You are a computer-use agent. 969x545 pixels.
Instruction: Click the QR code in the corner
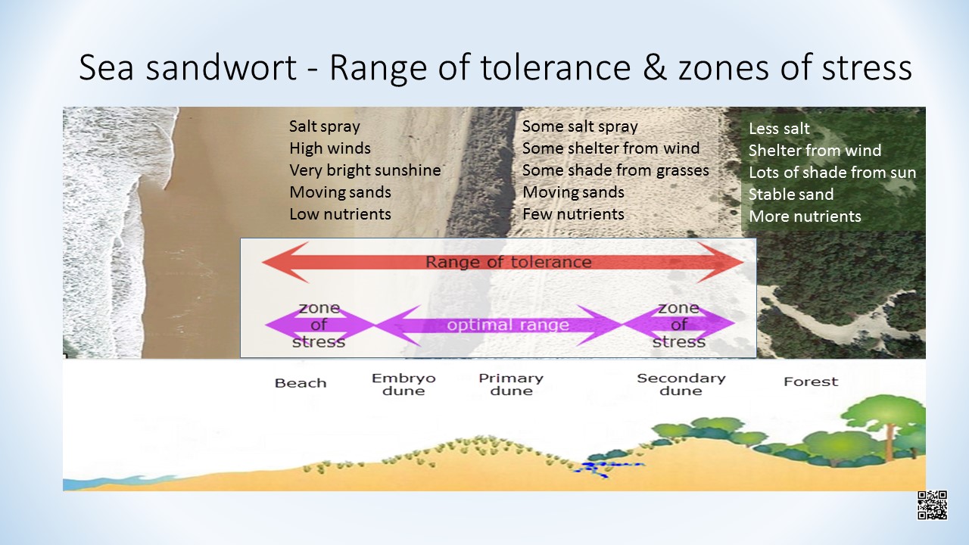932,505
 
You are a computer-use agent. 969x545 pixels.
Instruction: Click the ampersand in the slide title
655,67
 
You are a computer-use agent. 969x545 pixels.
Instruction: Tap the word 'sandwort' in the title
221,67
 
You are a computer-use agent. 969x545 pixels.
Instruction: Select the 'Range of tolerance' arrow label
508,262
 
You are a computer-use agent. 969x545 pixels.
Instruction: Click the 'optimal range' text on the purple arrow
508,325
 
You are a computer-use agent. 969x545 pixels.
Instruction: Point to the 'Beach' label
301,383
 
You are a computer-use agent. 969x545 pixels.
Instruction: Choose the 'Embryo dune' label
403,385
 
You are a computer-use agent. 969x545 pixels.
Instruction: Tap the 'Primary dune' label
511,385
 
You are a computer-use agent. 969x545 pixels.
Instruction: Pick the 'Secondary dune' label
681,385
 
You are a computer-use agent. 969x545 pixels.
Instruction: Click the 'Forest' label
811,381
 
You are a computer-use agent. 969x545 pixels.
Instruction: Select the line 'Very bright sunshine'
365,170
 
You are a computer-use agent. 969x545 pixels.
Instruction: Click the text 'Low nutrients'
340,214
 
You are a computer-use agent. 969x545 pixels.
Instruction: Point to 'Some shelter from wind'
611,148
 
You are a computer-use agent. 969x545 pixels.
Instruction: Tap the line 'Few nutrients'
573,214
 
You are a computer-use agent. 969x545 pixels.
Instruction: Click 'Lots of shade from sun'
832,173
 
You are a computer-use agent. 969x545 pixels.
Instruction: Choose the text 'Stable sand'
791,195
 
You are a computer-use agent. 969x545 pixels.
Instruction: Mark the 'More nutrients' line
805,216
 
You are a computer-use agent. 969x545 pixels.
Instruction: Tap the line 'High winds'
330,148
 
